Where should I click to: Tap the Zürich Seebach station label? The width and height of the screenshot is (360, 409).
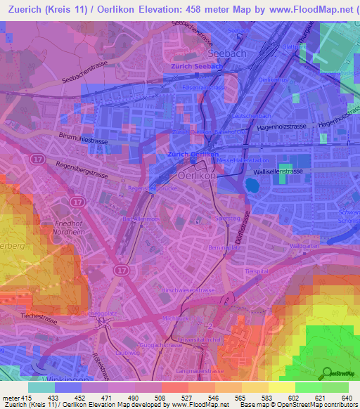(196, 66)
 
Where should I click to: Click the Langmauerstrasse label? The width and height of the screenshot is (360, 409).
(200, 371)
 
